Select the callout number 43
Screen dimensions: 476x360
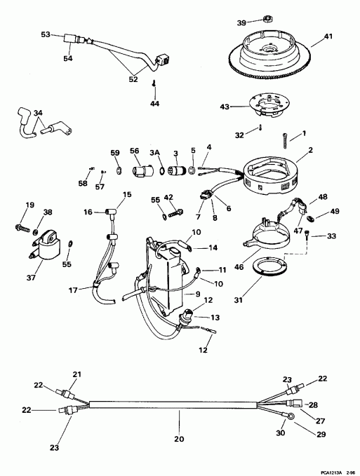[x=225, y=107]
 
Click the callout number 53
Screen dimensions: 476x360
[x=46, y=34]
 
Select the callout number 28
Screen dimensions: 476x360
[x=314, y=405]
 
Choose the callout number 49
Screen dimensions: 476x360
[x=335, y=211]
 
